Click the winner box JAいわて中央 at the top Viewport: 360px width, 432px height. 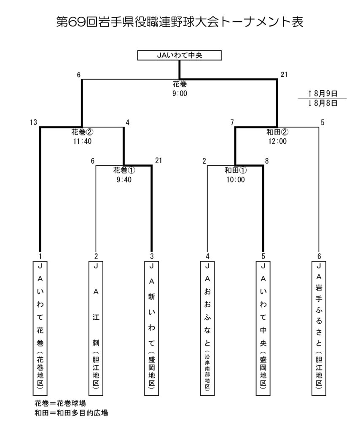180,55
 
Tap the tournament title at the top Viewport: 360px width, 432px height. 180,22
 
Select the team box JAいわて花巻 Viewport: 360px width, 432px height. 40,327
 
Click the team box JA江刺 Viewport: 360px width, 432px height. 96,327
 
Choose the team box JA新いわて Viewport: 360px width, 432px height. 152,327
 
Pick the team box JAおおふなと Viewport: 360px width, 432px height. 207,327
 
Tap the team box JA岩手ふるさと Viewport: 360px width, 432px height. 319,327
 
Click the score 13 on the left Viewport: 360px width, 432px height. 34,123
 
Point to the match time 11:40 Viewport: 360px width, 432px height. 82,141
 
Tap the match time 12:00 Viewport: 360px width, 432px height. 277,141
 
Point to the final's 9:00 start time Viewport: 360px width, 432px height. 180,93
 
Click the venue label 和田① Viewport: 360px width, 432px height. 235,171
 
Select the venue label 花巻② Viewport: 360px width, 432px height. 82,132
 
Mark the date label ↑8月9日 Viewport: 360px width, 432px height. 322,92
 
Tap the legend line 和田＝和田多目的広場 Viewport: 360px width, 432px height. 71,413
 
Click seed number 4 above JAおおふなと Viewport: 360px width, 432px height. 207,256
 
